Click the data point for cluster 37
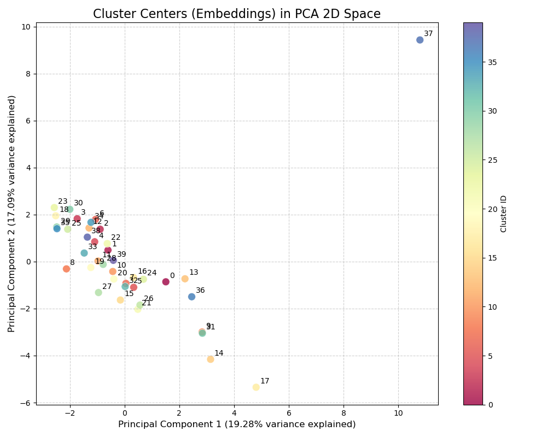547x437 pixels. (x=420, y=40)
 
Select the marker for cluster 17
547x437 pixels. (x=256, y=387)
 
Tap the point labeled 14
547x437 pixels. (x=211, y=359)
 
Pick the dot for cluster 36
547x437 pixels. (x=192, y=297)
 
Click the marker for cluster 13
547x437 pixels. (x=185, y=279)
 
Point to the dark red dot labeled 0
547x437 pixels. (x=166, y=282)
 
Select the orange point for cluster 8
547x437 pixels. (x=66, y=269)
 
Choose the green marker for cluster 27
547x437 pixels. (x=98, y=293)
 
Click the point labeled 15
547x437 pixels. (x=120, y=300)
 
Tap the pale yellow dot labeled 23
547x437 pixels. (x=54, y=208)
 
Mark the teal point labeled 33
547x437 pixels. (x=84, y=253)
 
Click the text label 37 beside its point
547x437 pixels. (x=428, y=34)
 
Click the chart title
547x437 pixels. (x=237, y=14)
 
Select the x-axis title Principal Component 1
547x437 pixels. (x=237, y=424)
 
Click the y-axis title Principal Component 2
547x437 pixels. (x=11, y=214)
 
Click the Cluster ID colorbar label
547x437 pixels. (x=504, y=214)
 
